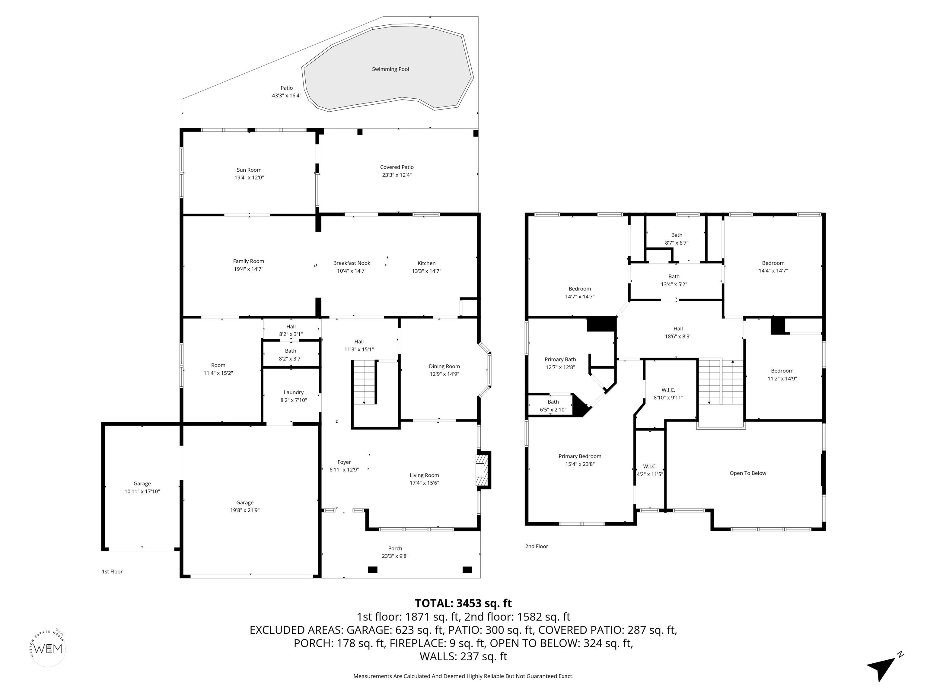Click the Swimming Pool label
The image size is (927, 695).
[x=390, y=69]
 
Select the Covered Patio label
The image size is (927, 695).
[x=397, y=167]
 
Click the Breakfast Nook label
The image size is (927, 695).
[x=352, y=263]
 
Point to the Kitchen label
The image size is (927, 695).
[x=426, y=263]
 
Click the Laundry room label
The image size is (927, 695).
[x=293, y=392]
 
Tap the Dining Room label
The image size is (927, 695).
[x=444, y=367]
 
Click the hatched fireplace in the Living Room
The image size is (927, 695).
[x=482, y=470]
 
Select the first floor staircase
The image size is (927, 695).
[x=364, y=382]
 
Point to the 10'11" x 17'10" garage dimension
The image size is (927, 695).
[x=142, y=491]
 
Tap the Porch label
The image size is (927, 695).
[x=395, y=548]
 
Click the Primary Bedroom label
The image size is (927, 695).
[x=580, y=456]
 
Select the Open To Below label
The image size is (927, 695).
[x=748, y=473]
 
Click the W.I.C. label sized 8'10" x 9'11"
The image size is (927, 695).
[x=668, y=390]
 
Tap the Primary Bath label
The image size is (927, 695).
[x=560, y=360]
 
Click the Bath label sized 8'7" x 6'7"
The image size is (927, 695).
[x=677, y=235]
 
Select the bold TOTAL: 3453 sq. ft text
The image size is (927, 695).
[x=463, y=603]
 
